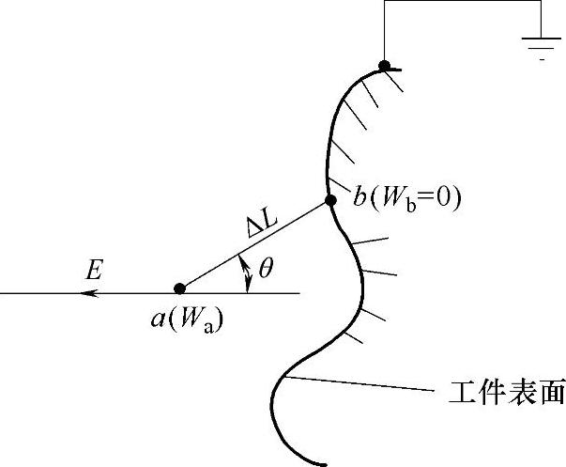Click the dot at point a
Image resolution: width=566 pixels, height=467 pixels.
[x=179, y=288]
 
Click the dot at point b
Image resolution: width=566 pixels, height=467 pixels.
[x=329, y=200]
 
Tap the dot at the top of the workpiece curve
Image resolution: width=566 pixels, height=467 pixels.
[x=384, y=65]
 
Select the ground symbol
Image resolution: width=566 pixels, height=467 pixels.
[x=542, y=43]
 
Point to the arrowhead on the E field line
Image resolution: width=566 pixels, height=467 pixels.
[x=89, y=294]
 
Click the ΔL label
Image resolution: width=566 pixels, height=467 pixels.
[x=253, y=226]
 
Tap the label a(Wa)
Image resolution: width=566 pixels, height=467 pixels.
[x=187, y=318]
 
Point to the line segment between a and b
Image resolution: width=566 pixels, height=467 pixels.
[x=254, y=244]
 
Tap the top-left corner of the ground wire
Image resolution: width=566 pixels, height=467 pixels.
[x=384, y=3]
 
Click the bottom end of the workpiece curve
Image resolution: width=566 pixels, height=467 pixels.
[x=325, y=463]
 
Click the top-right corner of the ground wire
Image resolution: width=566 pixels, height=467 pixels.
[x=542, y=3]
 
